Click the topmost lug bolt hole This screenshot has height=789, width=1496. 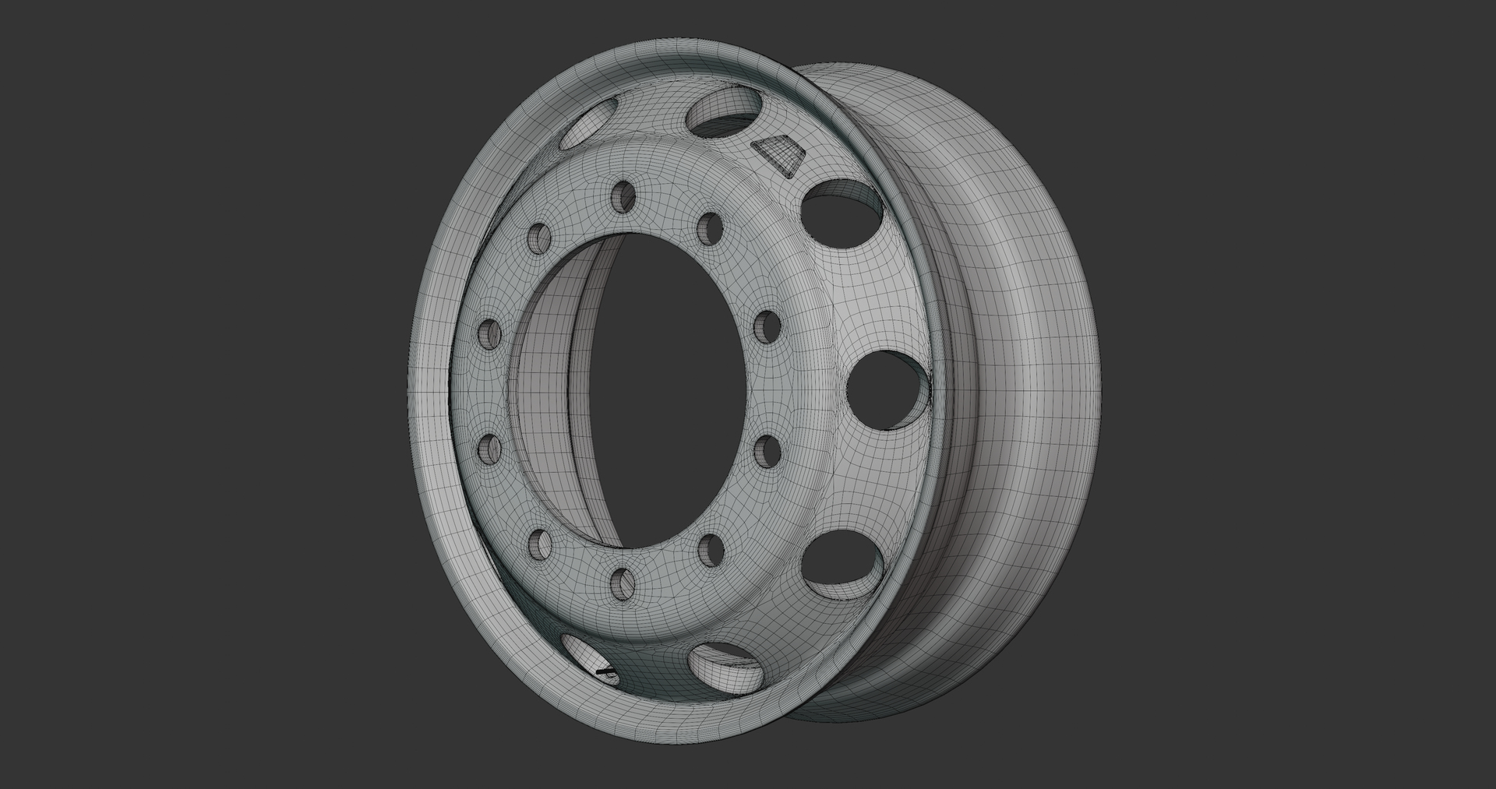pyautogui.click(x=623, y=195)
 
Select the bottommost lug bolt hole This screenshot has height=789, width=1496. pyautogui.click(x=623, y=583)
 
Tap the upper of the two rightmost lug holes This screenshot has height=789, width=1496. pyautogui.click(x=768, y=326)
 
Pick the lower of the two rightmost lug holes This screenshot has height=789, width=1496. pyautogui.click(x=768, y=451)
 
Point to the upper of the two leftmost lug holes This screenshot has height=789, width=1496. pyautogui.click(x=490, y=333)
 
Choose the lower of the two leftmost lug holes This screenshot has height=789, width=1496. pyautogui.click(x=489, y=449)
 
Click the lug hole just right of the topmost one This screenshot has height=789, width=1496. pyautogui.click(x=709, y=227)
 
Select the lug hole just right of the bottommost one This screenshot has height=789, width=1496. pyautogui.click(x=709, y=550)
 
